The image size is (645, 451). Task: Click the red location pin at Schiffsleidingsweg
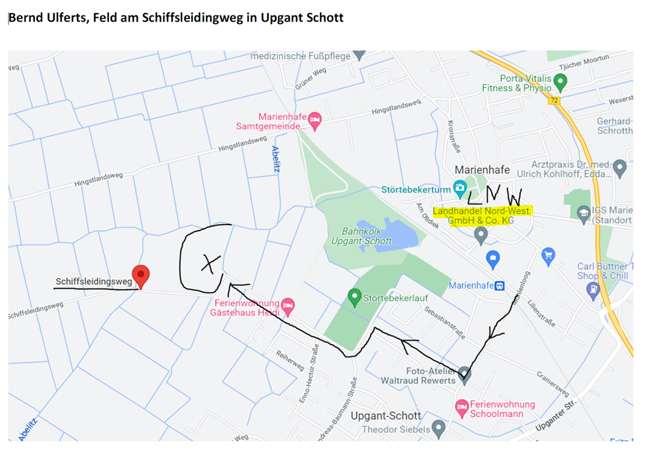(141, 275)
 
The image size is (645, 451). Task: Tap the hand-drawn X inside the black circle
(210, 263)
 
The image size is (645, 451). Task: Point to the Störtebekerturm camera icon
(459, 188)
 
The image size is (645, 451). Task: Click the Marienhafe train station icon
(501, 286)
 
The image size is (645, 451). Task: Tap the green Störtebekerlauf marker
(354, 297)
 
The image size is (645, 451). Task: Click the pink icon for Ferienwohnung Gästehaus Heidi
(287, 305)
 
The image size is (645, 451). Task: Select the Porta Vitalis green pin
(560, 81)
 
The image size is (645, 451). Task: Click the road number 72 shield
(555, 100)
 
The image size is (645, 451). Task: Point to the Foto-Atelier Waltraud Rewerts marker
(465, 374)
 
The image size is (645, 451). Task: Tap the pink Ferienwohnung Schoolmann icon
(461, 407)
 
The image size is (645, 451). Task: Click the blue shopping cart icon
(548, 255)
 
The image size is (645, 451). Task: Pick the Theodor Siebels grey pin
(438, 428)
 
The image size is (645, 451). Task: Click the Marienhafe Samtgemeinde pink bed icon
(315, 120)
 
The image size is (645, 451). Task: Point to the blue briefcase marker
(492, 258)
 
